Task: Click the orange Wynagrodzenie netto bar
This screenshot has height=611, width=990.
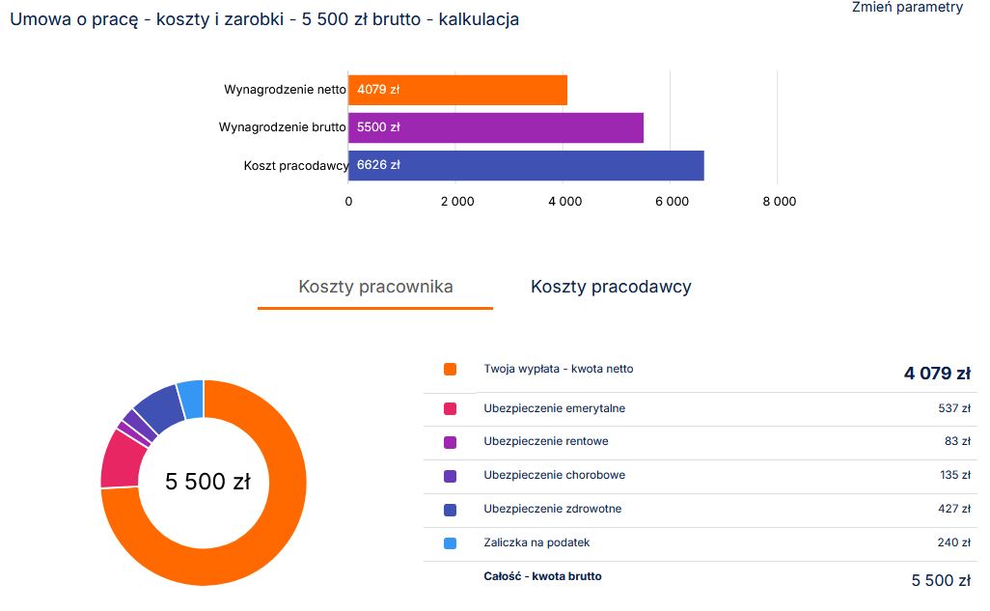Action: click(x=457, y=90)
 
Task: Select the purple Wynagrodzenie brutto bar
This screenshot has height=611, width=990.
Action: click(x=495, y=127)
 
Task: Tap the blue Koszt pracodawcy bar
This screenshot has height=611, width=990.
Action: click(x=526, y=165)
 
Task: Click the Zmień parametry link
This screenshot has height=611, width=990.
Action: click(x=907, y=8)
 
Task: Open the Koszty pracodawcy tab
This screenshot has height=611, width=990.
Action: click(x=611, y=287)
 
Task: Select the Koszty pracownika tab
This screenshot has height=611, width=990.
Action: click(x=375, y=287)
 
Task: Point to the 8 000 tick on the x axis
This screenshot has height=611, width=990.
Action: click(x=779, y=202)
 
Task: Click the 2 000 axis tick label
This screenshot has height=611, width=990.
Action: click(x=456, y=202)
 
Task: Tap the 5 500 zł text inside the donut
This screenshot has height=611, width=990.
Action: click(x=207, y=482)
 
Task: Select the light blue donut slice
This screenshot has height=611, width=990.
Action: click(x=191, y=399)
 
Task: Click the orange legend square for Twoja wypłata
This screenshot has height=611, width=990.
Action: click(x=450, y=370)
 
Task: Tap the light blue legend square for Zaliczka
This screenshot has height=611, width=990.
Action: click(x=450, y=543)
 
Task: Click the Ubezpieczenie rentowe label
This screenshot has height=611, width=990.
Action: click(x=546, y=442)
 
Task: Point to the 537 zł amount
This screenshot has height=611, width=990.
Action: click(x=952, y=409)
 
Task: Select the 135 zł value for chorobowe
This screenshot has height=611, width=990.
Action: click(x=952, y=476)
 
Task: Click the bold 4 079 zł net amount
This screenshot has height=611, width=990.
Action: click(x=936, y=374)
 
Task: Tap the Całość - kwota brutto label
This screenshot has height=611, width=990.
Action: click(x=542, y=577)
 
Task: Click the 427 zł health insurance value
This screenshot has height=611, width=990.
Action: click(x=952, y=510)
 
